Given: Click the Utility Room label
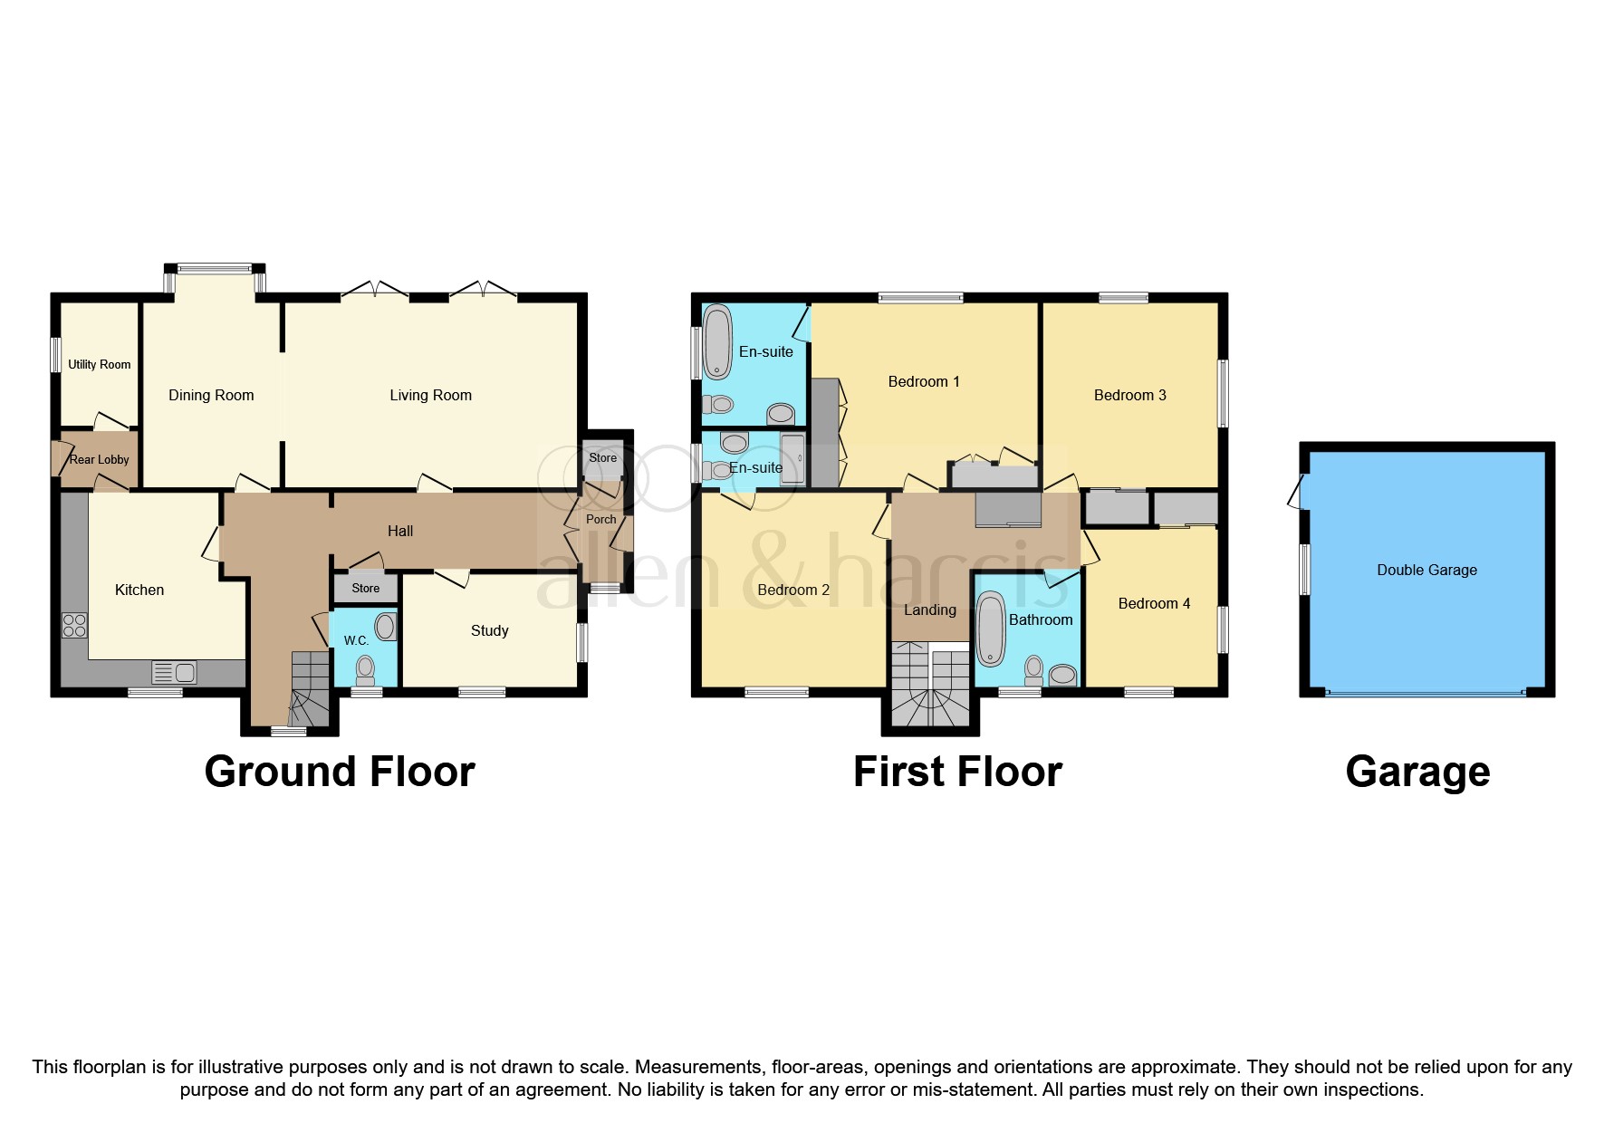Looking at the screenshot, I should (100, 364).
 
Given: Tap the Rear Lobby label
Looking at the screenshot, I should (100, 459).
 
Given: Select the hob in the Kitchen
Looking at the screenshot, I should (74, 625).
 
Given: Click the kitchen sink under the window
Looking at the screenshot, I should (176, 673).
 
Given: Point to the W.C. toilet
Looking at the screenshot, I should (365, 670).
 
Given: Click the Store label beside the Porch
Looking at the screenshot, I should (602, 457).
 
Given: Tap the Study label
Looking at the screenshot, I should (489, 630).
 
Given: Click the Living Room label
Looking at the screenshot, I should (430, 395).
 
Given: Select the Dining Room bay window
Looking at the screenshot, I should (215, 268).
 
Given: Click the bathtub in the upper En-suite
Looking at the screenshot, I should (717, 342).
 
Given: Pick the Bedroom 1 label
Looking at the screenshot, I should (923, 381).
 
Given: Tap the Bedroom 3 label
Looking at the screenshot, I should (1129, 395).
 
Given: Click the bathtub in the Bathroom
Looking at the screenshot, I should (991, 629).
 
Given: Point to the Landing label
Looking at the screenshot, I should (929, 609).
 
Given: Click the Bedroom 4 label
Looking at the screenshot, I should (1154, 603).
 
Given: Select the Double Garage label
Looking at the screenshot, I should (1426, 570).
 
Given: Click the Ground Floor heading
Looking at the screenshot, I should (340, 772).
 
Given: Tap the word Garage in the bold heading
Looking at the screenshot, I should (1417, 772).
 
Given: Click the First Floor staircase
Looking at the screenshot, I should (930, 686).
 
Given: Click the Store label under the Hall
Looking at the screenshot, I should (366, 588).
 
